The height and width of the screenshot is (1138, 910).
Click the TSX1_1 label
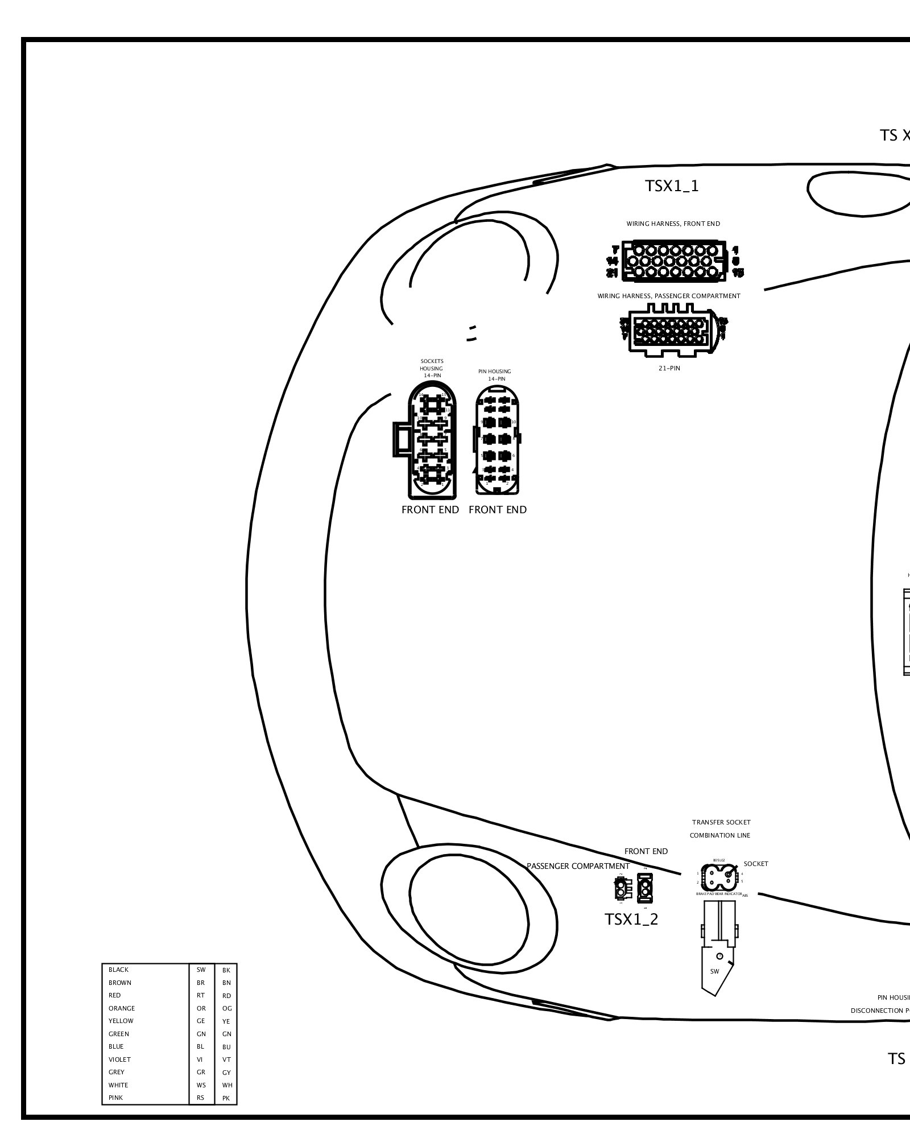pyautogui.click(x=672, y=186)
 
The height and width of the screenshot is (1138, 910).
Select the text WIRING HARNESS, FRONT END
pyautogui.click(x=673, y=224)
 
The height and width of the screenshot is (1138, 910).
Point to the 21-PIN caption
pyautogui.click(x=669, y=368)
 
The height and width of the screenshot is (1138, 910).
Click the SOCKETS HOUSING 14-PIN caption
pyautogui.click(x=432, y=368)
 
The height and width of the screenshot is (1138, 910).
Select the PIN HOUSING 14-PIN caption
pyautogui.click(x=495, y=375)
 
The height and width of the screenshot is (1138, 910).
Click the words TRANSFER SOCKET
pyautogui.click(x=721, y=822)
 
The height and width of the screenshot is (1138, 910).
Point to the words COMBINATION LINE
pyautogui.click(x=720, y=835)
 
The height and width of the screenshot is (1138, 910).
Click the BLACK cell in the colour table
pyautogui.click(x=119, y=970)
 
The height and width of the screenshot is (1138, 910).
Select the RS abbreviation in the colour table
pyautogui.click(x=201, y=1098)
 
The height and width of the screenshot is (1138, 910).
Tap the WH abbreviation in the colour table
pyautogui.click(x=227, y=1085)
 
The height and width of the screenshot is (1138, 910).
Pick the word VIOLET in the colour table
pyautogui.click(x=119, y=1059)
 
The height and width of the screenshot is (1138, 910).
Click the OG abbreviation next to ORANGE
pyautogui.click(x=227, y=1008)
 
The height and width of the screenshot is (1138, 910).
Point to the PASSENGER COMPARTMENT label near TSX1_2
pyautogui.click(x=578, y=866)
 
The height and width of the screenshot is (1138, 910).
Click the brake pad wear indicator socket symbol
pyautogui.click(x=719, y=880)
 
